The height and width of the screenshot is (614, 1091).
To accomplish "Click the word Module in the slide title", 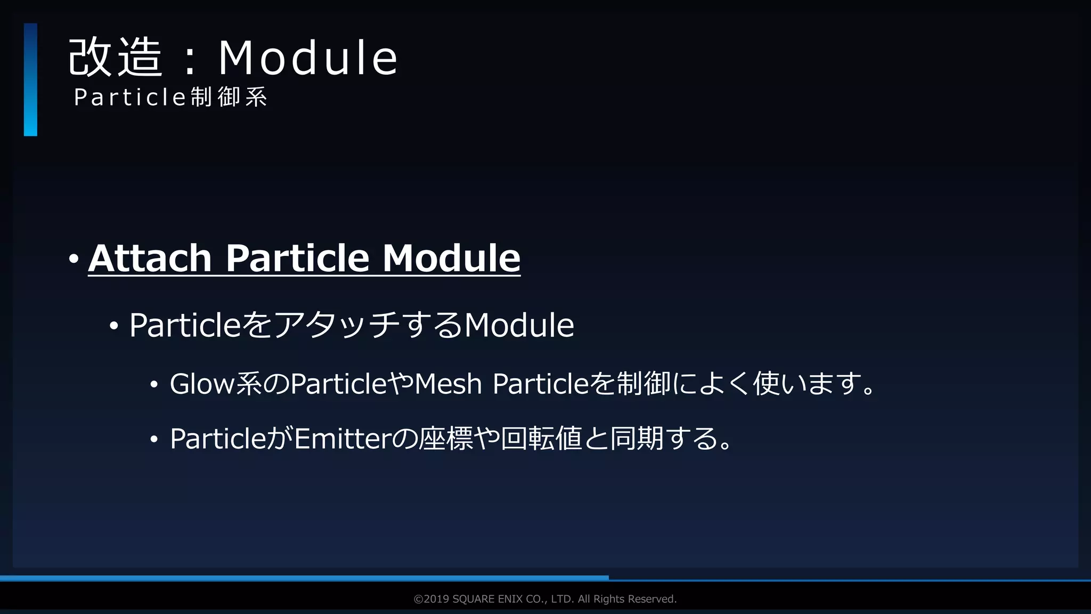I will point(308,58).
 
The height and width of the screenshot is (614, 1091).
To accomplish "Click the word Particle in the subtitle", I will point(129,98).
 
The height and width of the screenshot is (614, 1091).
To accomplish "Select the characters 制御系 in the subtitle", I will point(229,98).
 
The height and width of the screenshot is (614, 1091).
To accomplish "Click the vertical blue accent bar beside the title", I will point(30,79).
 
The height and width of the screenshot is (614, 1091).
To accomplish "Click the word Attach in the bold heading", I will point(150,258).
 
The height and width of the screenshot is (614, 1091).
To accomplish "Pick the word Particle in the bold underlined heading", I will point(297,258).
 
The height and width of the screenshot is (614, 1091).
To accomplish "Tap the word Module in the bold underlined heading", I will point(451,258).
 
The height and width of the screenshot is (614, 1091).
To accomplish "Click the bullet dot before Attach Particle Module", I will point(74,260).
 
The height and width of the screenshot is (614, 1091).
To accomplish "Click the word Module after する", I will point(519,325).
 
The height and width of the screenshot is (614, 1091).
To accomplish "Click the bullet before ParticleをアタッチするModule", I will point(113,326).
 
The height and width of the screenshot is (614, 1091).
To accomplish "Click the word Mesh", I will point(448,384).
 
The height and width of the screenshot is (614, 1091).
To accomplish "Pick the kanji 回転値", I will point(541,439).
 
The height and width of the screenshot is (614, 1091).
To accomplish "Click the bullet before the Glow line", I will point(154,385).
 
